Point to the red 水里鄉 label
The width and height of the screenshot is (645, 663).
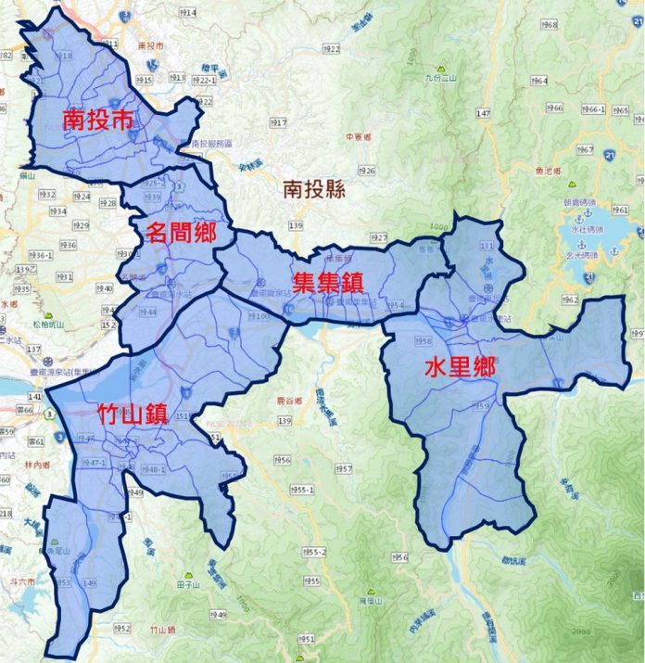point(460,367)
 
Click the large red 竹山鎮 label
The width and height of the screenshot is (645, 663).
point(132,414)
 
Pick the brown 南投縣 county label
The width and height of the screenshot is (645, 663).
point(314,190)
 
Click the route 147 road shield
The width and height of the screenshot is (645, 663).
point(483,113)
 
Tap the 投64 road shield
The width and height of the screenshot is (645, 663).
point(537,81)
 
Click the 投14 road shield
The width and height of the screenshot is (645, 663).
point(186,13)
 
